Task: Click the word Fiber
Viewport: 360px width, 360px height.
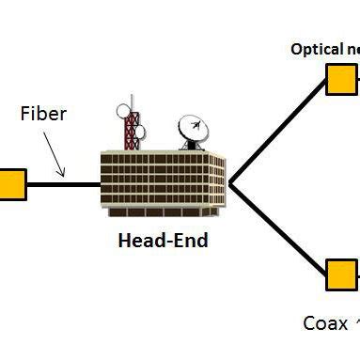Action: click(43, 116)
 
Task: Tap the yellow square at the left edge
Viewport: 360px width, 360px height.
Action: click(10, 183)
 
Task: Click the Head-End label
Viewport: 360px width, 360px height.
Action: click(163, 240)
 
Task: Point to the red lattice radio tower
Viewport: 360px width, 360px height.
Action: click(132, 132)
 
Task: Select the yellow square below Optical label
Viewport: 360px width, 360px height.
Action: click(341, 79)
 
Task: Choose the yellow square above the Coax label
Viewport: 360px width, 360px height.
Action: click(341, 276)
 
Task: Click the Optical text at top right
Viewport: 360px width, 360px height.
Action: click(324, 49)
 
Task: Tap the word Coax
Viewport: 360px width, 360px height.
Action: click(325, 323)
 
